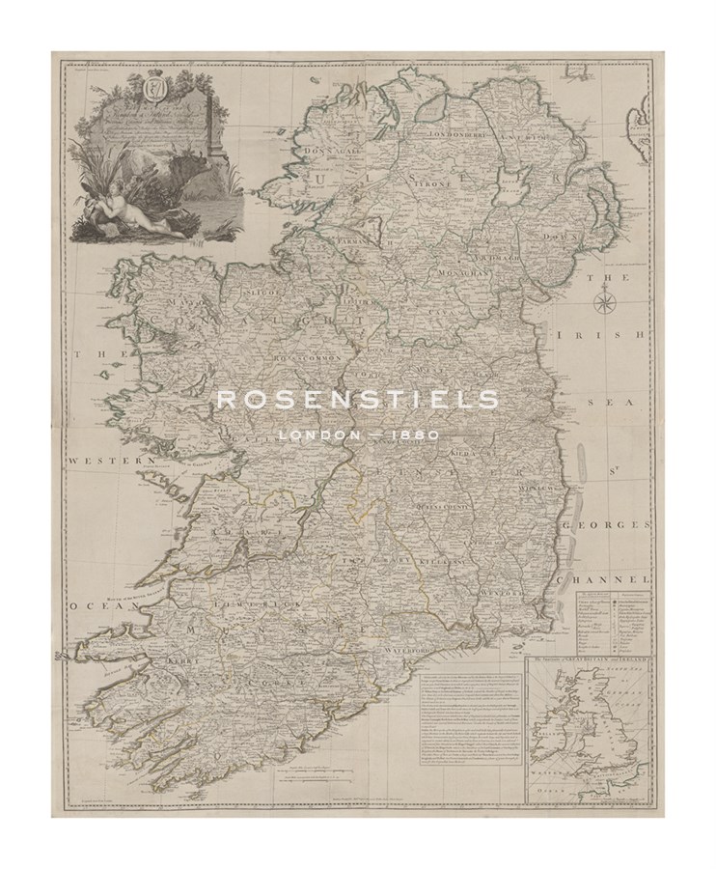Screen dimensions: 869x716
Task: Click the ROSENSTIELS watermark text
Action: [358, 401]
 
